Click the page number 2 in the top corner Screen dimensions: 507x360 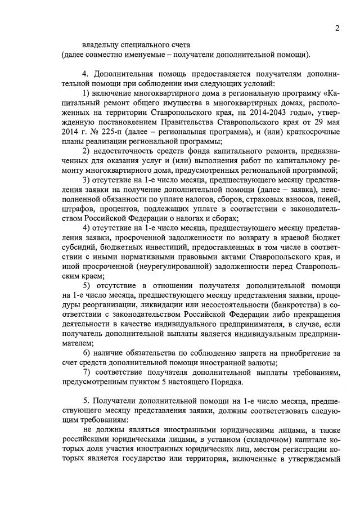click(x=336, y=29)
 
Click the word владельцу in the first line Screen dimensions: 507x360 click(x=101, y=44)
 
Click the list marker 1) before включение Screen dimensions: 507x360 click(x=87, y=91)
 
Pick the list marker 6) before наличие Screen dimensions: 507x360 click(x=87, y=353)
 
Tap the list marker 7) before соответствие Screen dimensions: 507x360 click(x=87, y=373)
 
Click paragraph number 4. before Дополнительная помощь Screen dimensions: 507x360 click(x=85, y=74)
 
